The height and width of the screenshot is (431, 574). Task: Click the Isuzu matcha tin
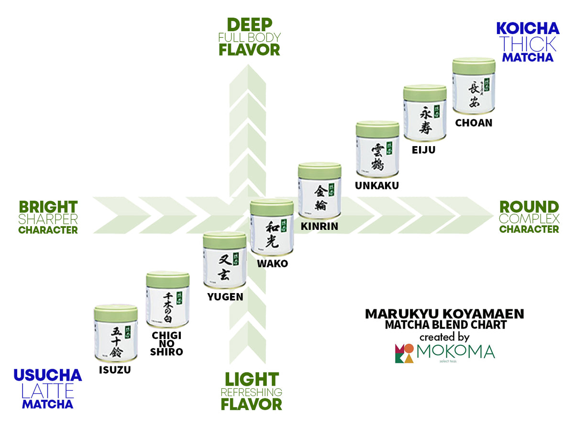(116, 333)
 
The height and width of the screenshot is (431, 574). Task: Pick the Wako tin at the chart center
(272, 227)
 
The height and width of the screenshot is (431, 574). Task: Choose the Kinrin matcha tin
(320, 191)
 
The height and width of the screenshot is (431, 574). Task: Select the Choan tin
(474, 86)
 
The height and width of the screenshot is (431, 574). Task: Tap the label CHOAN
(474, 123)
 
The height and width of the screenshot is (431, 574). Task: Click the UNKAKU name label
(376, 185)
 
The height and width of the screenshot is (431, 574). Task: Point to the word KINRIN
(320, 226)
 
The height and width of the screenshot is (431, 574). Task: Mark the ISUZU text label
(115, 369)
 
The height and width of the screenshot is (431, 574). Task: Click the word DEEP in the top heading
(249, 24)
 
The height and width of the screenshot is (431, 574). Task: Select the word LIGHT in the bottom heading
(252, 380)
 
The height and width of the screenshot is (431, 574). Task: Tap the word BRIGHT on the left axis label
(48, 207)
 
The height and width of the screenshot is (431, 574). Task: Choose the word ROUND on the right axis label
(529, 207)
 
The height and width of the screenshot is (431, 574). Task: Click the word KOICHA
(528, 28)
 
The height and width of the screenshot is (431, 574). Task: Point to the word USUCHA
(48, 375)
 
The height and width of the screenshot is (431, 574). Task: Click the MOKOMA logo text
(455, 352)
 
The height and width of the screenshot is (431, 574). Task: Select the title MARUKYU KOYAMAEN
(444, 314)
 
